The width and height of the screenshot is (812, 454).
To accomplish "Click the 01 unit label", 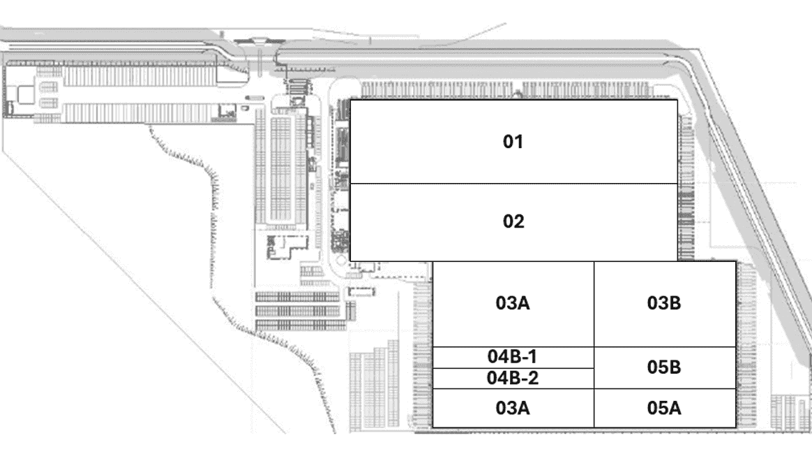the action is click(513, 142).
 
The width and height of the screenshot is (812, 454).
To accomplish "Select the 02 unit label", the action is click(513, 221).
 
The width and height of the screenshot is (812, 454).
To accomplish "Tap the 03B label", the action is click(664, 302).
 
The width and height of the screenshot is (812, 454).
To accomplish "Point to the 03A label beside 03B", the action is click(513, 302).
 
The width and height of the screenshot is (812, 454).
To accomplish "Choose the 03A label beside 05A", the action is click(513, 408).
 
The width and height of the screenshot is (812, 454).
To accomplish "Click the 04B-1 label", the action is click(512, 357).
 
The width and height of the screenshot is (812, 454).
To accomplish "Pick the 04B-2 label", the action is click(513, 378).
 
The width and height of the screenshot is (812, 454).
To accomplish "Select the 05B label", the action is click(664, 367).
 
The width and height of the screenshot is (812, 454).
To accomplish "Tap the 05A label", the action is click(664, 408).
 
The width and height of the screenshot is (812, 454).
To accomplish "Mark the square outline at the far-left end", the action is click(25, 94).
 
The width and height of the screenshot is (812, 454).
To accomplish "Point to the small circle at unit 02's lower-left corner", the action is click(341, 260).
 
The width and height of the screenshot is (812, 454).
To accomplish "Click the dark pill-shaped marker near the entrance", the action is click(254, 98).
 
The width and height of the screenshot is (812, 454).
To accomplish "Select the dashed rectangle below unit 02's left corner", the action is click(361, 292).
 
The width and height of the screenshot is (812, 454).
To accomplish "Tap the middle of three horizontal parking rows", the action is click(298, 311).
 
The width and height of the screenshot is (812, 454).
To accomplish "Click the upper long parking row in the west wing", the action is click(140, 76).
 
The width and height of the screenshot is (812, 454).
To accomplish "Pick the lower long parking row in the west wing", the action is click(140, 113).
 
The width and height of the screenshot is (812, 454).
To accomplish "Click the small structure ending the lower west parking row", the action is click(227, 112).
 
